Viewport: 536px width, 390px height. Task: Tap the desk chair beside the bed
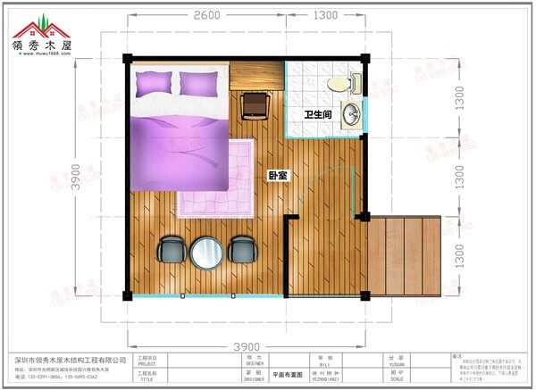pyautogui.click(x=255, y=104)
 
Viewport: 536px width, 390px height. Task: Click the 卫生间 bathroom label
pyautogui.click(x=318, y=114)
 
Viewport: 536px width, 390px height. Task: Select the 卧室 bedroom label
pyautogui.click(x=277, y=175)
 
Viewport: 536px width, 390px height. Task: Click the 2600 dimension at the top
pyautogui.click(x=205, y=15)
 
